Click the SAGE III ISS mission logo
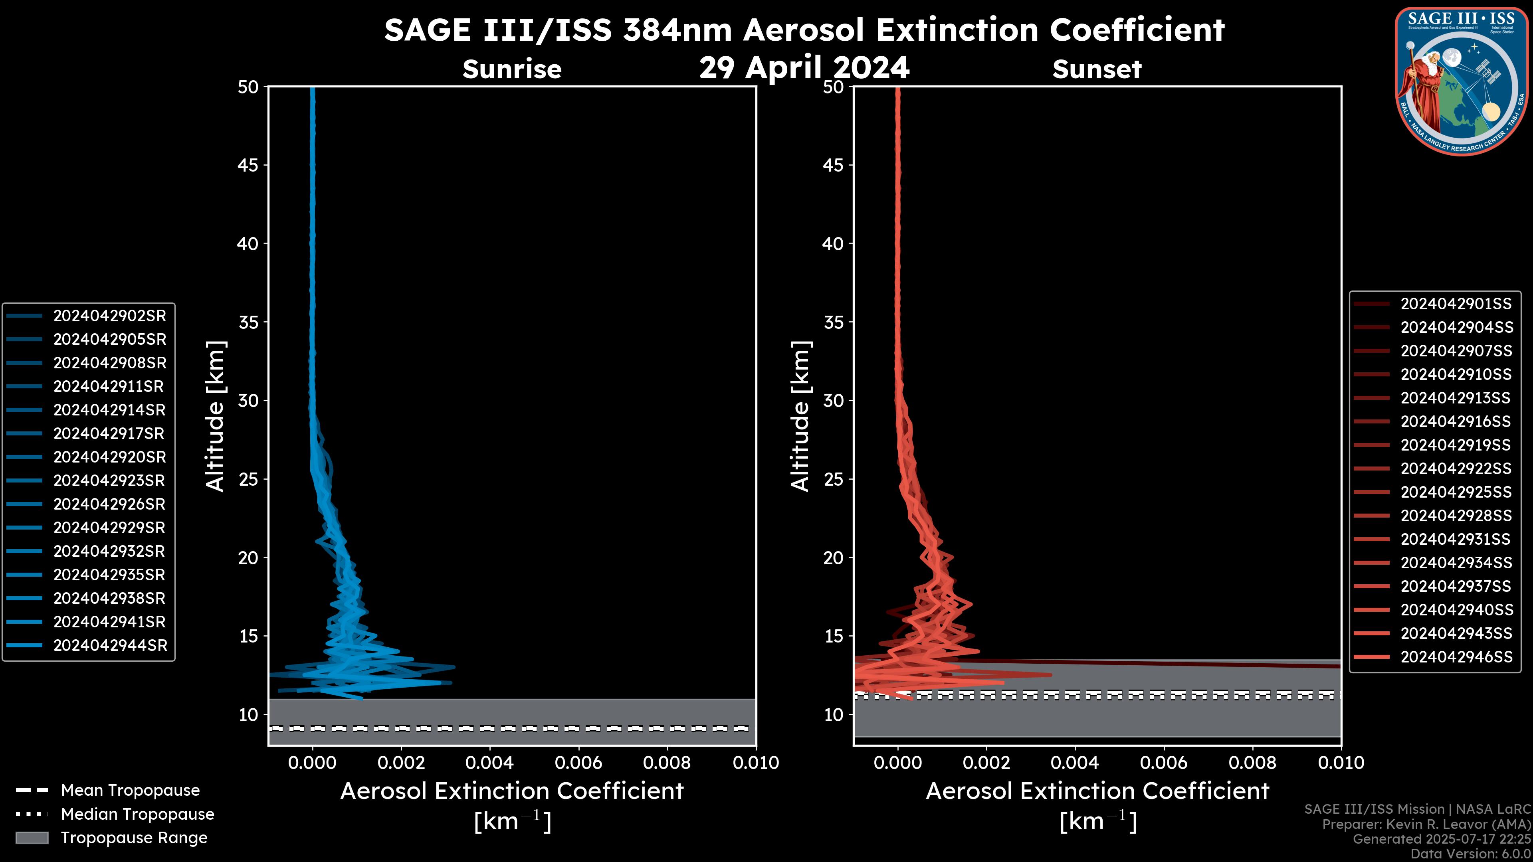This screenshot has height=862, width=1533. (x=1461, y=81)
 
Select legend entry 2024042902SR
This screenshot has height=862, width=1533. (x=109, y=316)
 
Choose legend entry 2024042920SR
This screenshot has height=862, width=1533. (x=109, y=457)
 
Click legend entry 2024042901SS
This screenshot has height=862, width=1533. (x=1456, y=304)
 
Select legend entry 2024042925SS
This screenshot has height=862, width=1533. (x=1456, y=492)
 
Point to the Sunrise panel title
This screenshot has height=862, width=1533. (x=512, y=69)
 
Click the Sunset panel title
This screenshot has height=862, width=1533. (x=1097, y=69)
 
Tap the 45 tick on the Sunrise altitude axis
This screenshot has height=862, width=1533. (x=248, y=165)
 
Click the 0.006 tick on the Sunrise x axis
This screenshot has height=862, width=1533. (x=578, y=763)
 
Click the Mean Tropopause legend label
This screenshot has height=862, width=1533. (x=130, y=791)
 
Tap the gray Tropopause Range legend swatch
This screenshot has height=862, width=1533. (x=32, y=838)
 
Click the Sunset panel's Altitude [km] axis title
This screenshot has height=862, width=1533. (x=800, y=416)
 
